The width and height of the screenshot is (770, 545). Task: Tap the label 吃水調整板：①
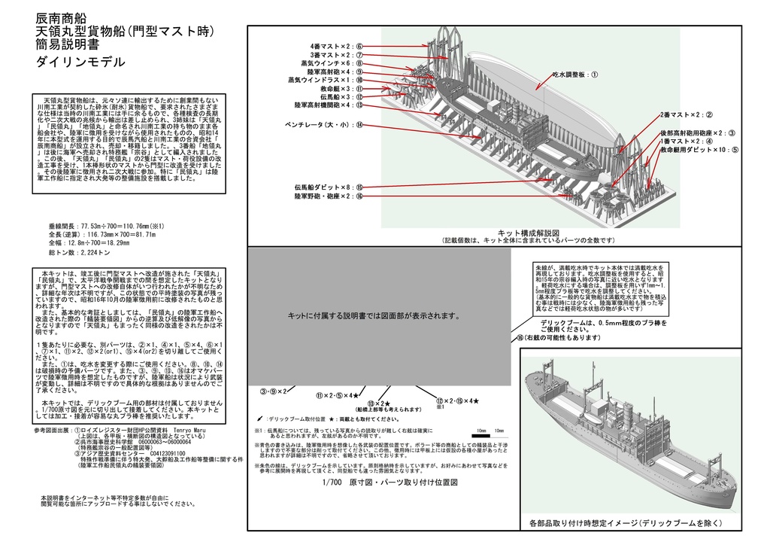click(575, 75)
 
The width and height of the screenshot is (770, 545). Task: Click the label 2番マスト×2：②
click(686, 115)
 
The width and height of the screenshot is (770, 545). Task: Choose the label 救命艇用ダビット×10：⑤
click(699, 150)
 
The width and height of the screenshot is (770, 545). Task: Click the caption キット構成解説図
click(529, 233)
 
